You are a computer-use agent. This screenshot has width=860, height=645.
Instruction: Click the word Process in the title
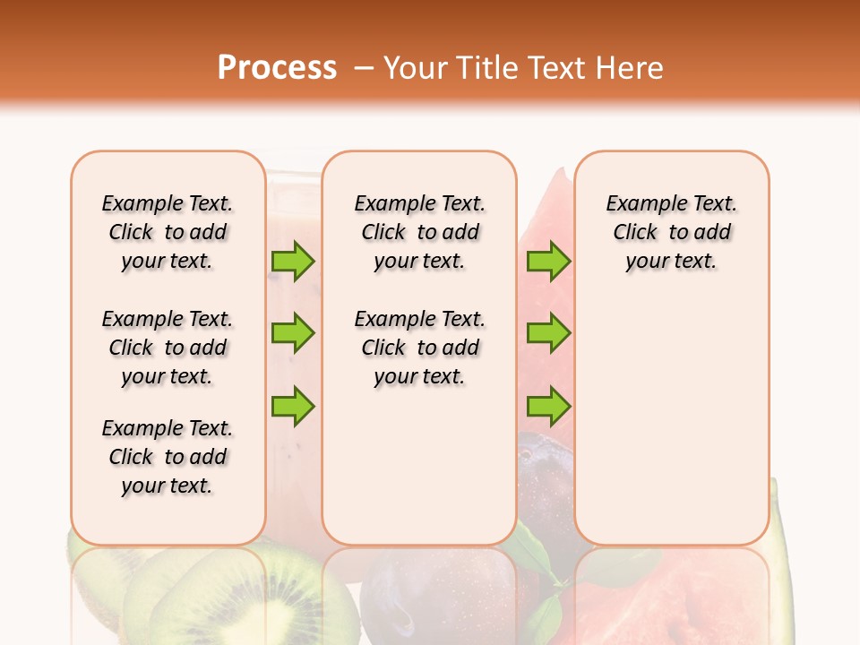[x=277, y=68]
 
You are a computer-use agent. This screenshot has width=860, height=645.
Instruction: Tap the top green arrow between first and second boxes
[x=292, y=262]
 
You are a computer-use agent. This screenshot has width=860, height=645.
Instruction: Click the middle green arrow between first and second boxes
[x=292, y=333]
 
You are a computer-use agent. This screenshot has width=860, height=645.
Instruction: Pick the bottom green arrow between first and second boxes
[x=292, y=406]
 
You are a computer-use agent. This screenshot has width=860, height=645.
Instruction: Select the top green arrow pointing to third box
[x=547, y=262]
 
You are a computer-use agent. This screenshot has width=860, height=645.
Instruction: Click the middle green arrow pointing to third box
[x=547, y=333]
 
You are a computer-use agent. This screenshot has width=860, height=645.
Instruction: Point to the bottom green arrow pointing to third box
[x=547, y=406]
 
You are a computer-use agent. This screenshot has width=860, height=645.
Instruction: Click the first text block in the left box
[x=168, y=232]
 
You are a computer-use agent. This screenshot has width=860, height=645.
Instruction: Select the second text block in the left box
[x=168, y=348]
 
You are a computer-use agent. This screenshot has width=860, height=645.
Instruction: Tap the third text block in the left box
[x=168, y=457]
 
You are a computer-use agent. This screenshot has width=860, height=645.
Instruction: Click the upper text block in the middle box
[x=419, y=232]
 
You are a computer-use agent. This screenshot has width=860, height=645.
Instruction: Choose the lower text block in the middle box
[x=419, y=348]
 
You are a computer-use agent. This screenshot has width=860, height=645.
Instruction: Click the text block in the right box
[x=672, y=232]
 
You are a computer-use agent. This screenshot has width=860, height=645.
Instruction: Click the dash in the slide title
[x=364, y=68]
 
